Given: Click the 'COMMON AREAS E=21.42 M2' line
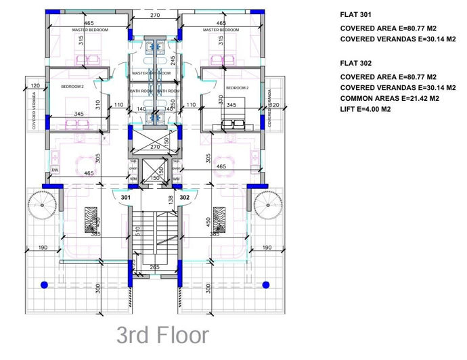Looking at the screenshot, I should tap(390, 98).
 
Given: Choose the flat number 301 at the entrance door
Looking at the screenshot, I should tap(125, 197).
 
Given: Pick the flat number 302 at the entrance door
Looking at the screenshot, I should tap(185, 197).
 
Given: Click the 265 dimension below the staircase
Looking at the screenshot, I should tap(154, 268).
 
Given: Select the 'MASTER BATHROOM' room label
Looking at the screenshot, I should tap(150, 73).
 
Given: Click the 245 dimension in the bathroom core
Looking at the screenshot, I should tap(173, 60).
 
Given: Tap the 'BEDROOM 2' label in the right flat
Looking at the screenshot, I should tap(237, 88).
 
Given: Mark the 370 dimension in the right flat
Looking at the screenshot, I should tap(221, 99).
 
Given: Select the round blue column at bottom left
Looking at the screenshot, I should tap(45, 284).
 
